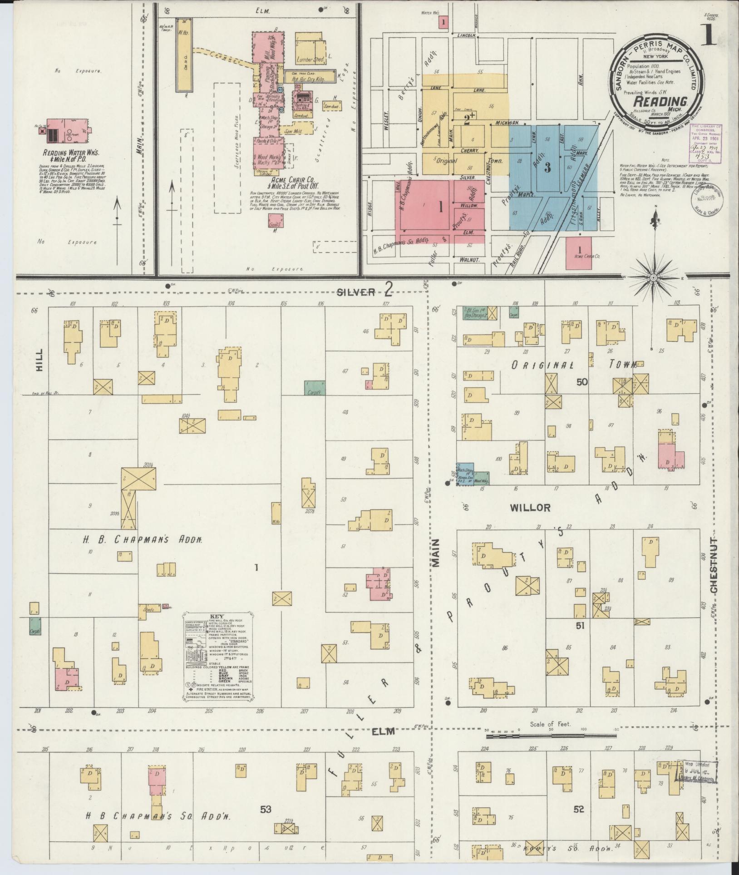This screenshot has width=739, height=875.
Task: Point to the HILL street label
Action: [x=39, y=360]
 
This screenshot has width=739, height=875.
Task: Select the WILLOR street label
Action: [x=530, y=507]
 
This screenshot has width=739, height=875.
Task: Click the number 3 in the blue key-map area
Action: [x=547, y=168]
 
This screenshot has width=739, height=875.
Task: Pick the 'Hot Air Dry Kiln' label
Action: [x=310, y=79]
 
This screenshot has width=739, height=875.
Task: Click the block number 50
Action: [x=581, y=382]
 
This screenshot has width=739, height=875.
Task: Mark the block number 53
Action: [x=265, y=809]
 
